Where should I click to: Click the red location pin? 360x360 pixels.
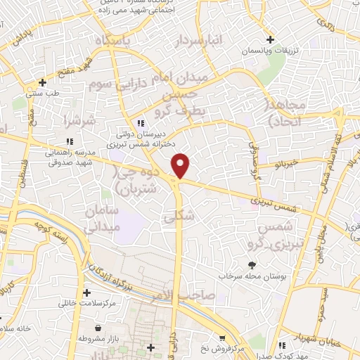click(181, 166)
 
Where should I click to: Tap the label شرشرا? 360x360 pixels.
click(78, 120)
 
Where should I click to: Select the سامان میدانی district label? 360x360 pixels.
click(103, 219)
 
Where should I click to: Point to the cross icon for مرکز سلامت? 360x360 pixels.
click(86, 292)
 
